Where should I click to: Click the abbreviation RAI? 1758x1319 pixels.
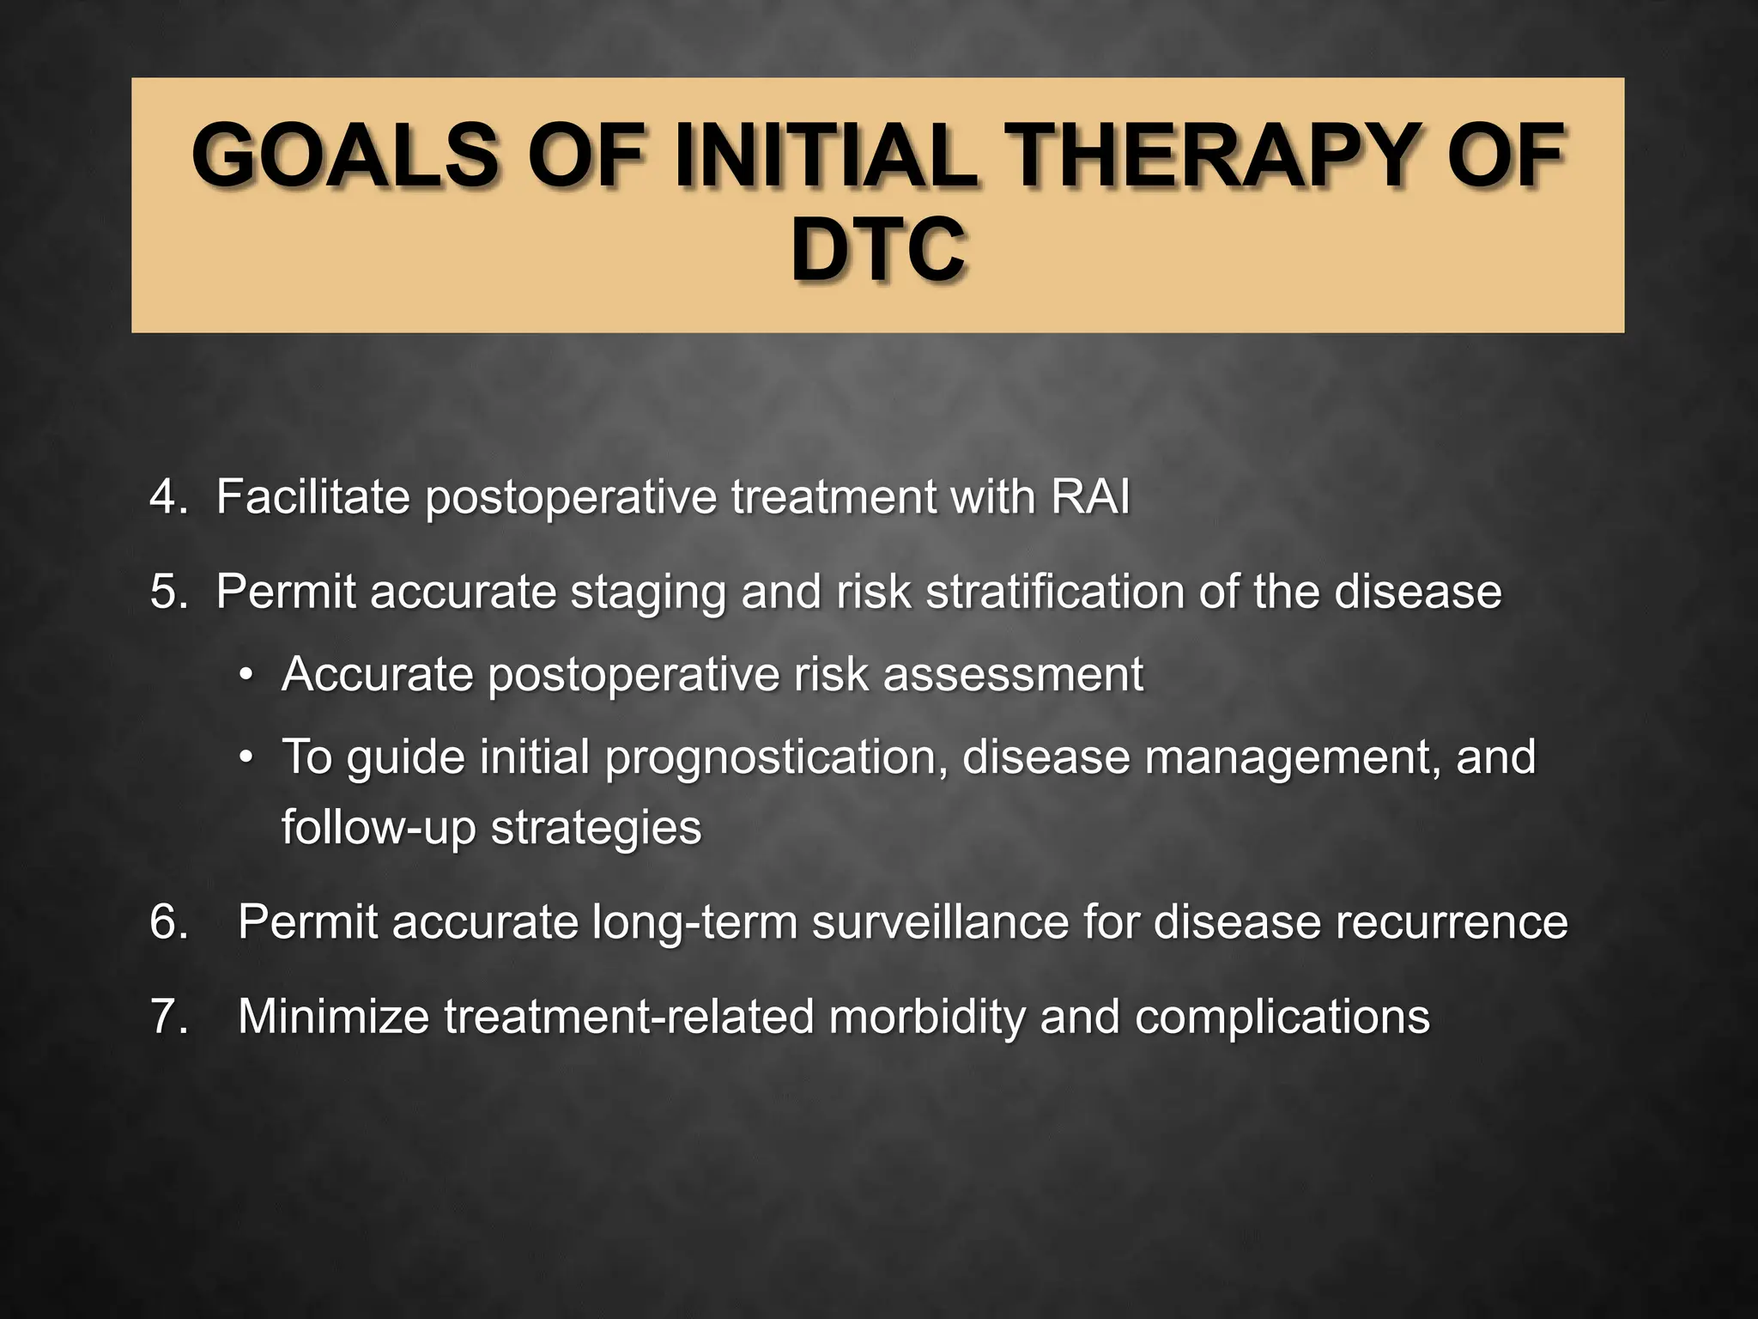[1090, 497]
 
